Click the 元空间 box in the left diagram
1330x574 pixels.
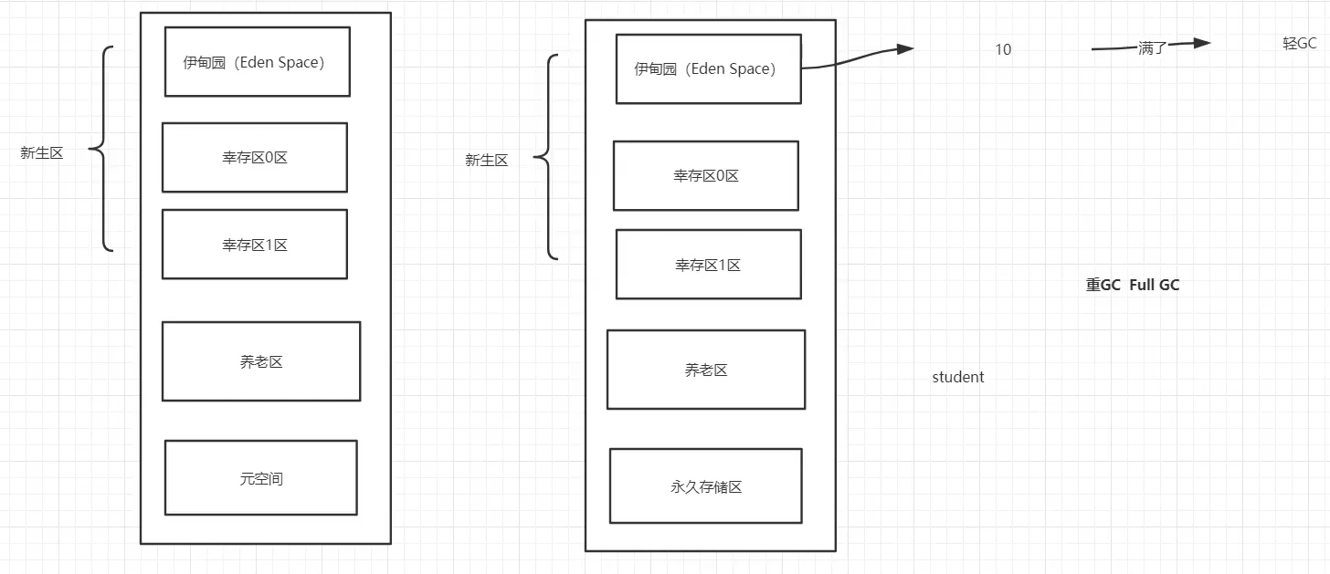[260, 477]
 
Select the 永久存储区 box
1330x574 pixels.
[705, 485]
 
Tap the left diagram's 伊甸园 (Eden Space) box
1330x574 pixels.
[257, 62]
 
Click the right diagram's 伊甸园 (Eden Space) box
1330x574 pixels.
[708, 69]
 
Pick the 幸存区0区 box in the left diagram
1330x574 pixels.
[255, 157]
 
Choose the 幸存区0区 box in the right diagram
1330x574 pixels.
[705, 175]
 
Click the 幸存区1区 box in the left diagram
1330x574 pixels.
[255, 244]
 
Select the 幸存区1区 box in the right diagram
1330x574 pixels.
[708, 264]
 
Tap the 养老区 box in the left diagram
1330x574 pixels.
[261, 360]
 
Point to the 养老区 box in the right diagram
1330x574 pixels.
[706, 369]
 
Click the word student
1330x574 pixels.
[958, 377]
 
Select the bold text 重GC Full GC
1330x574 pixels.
[1133, 285]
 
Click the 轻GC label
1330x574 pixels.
[1299, 44]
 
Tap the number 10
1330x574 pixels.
[1003, 49]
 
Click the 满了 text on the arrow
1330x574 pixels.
[1153, 47]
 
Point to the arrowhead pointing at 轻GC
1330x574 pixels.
[1200, 43]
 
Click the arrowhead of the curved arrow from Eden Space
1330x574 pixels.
[904, 49]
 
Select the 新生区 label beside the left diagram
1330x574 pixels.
[42, 152]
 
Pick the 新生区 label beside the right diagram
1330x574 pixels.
[486, 160]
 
